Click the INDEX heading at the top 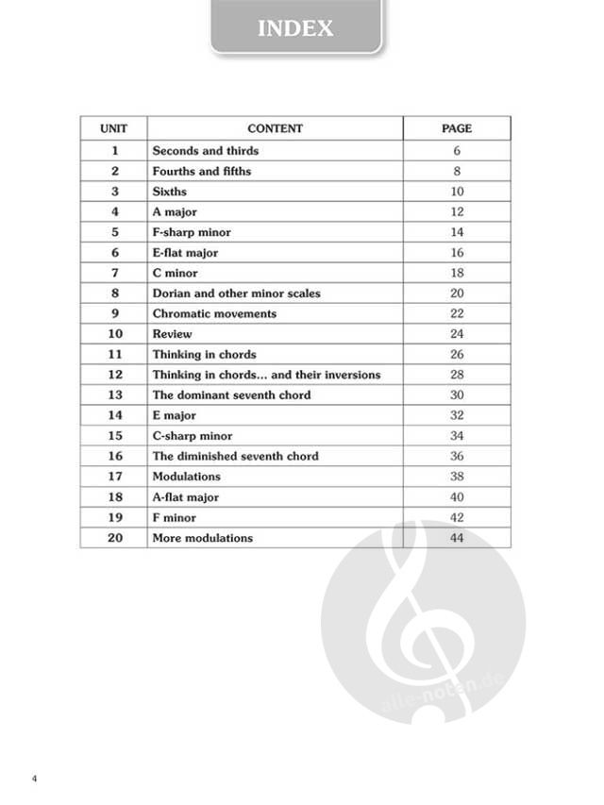(x=295, y=28)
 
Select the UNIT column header (x=114, y=128)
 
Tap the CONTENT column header (x=275, y=128)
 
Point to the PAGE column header (x=457, y=128)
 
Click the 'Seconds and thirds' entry (x=206, y=151)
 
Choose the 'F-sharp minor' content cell (x=192, y=232)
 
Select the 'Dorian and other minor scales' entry (x=236, y=293)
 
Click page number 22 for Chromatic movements (x=457, y=313)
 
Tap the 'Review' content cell (x=172, y=334)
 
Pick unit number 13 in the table (x=115, y=394)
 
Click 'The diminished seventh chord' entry (x=235, y=456)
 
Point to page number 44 (x=457, y=538)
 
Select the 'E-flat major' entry (x=185, y=253)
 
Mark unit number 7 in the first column (x=115, y=273)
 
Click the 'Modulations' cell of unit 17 (x=187, y=477)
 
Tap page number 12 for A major (x=457, y=212)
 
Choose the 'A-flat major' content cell (x=186, y=497)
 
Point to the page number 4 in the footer (x=33, y=780)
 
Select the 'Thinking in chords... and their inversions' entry (x=266, y=375)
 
